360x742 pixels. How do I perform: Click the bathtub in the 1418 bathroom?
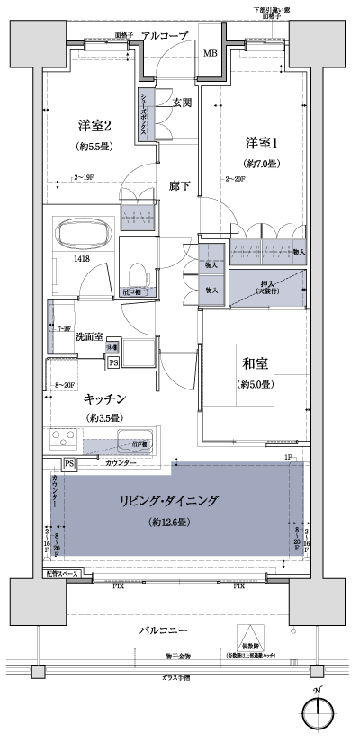(x=83, y=237)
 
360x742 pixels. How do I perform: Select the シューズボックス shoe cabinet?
(x=144, y=113)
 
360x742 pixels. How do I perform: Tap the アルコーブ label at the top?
(x=165, y=35)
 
